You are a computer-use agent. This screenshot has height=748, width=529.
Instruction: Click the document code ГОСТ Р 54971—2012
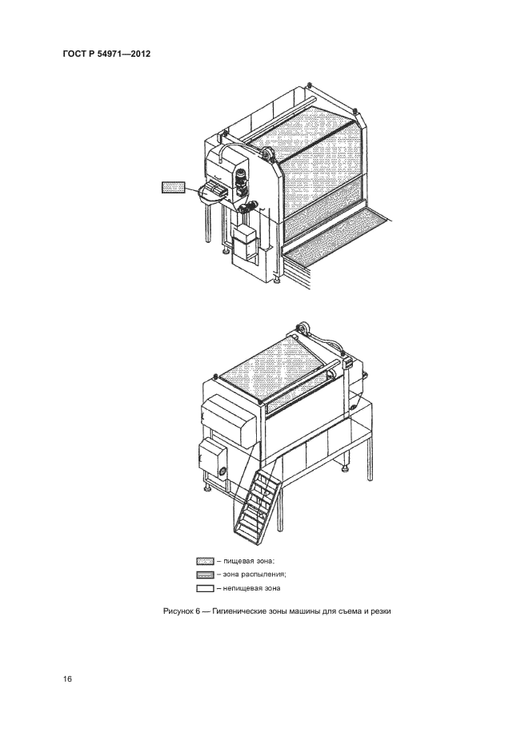tap(106, 54)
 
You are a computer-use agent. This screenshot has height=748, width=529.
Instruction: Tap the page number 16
tap(67, 678)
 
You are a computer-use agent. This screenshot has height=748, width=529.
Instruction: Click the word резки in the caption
tap(382, 611)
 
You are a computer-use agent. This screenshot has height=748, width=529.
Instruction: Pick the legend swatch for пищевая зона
tap(205, 561)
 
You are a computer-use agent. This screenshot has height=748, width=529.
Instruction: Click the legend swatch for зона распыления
tap(205, 575)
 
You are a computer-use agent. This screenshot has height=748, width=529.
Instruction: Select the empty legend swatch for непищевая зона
tap(205, 588)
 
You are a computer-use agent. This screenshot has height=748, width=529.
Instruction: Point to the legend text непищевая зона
tap(251, 588)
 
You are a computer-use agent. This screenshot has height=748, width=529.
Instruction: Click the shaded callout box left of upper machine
tap(174, 188)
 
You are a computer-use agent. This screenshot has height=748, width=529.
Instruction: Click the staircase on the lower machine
tap(254, 498)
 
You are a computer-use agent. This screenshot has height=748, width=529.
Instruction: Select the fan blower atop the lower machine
tap(303, 330)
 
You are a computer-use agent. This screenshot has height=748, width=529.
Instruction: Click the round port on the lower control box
tap(223, 471)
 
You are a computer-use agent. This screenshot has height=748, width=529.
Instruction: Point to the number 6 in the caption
tap(197, 611)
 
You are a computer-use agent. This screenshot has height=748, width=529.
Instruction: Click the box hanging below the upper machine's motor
tap(244, 242)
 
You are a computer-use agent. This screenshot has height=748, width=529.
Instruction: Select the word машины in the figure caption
tap(301, 611)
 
